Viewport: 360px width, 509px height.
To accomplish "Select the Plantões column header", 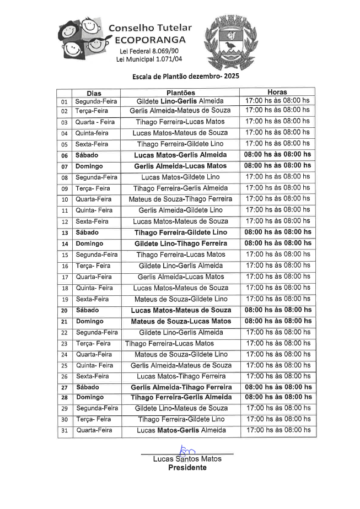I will point(181,93).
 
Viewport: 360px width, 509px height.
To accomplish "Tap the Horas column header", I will point(277,92).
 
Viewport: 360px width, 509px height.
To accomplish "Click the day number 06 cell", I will point(65,155).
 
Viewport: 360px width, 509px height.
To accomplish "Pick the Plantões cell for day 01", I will point(180,101).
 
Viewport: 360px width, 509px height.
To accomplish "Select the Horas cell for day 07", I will point(277,166).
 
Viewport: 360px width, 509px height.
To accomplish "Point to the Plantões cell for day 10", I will point(180,199).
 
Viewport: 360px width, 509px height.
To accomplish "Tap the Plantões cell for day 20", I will point(181,310).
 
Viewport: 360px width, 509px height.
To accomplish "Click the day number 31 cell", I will point(65,431).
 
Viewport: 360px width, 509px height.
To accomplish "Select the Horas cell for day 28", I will point(277,397).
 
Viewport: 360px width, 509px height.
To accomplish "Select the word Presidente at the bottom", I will point(187,468).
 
